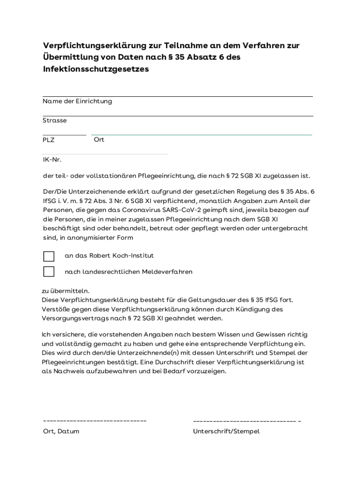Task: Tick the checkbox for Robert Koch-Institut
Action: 49,256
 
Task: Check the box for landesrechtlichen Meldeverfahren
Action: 49,272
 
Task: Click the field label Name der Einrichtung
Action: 77,101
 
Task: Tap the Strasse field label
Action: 55,120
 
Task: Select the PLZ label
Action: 49,140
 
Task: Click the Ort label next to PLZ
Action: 99,140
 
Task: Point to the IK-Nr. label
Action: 52,160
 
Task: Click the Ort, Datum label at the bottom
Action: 61,431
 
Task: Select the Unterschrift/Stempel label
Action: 226,431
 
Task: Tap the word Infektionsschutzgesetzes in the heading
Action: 96,69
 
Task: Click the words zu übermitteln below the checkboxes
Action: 65,290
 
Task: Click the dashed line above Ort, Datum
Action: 94,421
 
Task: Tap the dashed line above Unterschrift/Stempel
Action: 246,421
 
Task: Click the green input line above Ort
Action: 202,135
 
